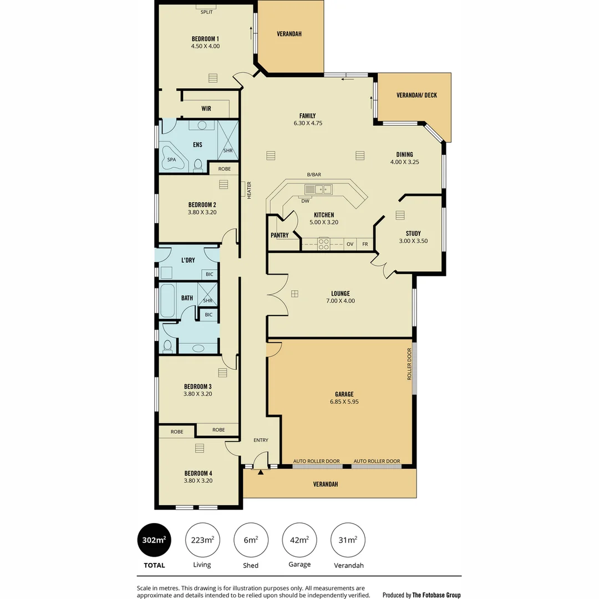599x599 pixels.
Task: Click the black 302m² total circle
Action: (x=155, y=540)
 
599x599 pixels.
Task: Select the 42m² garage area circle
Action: (x=300, y=540)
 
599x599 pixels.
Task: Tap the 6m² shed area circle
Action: (x=251, y=540)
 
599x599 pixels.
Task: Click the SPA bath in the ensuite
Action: (x=172, y=160)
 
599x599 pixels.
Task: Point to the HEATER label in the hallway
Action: (x=249, y=190)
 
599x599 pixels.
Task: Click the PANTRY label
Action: (x=280, y=235)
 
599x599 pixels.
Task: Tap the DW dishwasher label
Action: (x=305, y=201)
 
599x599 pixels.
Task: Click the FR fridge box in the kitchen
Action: (x=365, y=244)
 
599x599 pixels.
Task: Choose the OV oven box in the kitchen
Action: (x=350, y=244)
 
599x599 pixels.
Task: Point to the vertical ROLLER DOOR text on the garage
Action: (x=409, y=364)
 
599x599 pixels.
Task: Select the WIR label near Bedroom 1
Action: (x=206, y=109)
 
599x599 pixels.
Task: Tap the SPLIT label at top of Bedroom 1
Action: (x=206, y=12)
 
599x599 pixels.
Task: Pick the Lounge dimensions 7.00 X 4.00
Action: (x=341, y=301)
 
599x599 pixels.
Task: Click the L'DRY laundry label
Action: (x=188, y=260)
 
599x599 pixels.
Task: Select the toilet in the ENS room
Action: (x=199, y=164)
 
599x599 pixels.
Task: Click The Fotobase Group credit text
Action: (x=436, y=595)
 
